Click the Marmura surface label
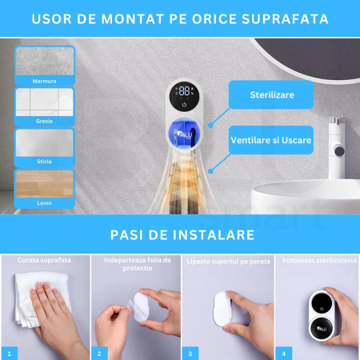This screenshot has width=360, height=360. [44, 81]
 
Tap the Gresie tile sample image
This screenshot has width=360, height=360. [44, 102]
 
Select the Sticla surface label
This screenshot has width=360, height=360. [44, 162]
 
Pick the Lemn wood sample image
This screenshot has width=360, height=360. [45, 184]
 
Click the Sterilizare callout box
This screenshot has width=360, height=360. [271, 94]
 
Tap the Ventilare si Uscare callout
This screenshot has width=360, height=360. [271, 140]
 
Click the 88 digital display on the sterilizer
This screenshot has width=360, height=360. [184, 90]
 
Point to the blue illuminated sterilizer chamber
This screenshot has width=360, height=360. [184, 133]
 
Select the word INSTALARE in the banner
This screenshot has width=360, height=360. [214, 235]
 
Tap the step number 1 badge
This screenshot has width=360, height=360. [10, 354]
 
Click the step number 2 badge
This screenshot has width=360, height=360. [99, 354]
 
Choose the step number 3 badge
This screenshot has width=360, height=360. [190, 354]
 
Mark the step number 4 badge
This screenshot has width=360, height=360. [284, 354]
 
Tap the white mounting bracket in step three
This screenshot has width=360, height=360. [222, 309]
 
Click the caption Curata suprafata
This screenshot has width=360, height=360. [44, 260]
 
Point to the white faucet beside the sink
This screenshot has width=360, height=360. [337, 148]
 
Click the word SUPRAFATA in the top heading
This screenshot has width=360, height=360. [285, 19]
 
